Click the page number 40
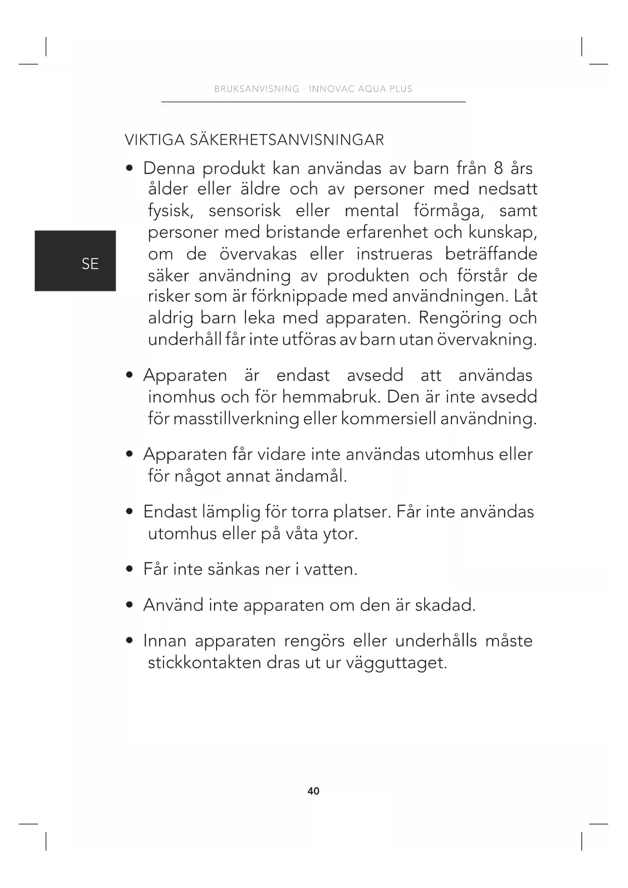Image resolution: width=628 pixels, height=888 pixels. coord(313,791)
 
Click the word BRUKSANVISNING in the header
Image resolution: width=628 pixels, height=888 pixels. coord(257,89)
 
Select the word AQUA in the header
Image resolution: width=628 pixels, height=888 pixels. coord(371,89)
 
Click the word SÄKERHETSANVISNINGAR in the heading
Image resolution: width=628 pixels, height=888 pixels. coord(287,140)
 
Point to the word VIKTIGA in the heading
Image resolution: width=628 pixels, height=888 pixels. coord(155,140)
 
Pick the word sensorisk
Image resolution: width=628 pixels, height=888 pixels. coord(244,211)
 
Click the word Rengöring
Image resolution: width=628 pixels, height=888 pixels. coord(460,318)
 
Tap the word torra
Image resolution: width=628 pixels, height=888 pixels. coord(309,512)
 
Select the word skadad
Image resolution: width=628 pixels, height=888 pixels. coord(445,605)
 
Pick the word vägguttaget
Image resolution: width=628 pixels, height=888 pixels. coord(396,663)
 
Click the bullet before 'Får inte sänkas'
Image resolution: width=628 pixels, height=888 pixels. coord(130,570)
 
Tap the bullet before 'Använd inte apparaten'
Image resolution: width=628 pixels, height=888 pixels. coord(130,605)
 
